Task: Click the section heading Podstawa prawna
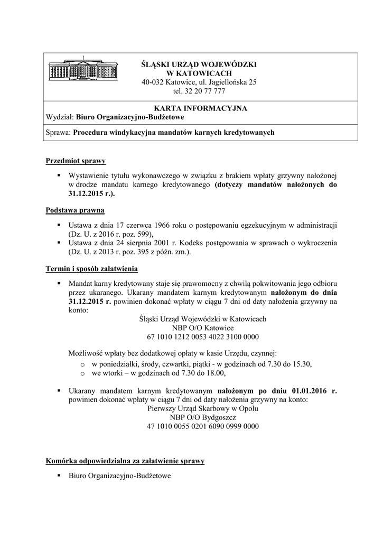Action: (x=75, y=210)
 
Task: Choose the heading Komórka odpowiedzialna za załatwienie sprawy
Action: (x=125, y=461)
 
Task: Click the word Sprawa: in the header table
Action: (x=59, y=133)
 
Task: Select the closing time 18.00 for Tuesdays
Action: (x=215, y=373)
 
